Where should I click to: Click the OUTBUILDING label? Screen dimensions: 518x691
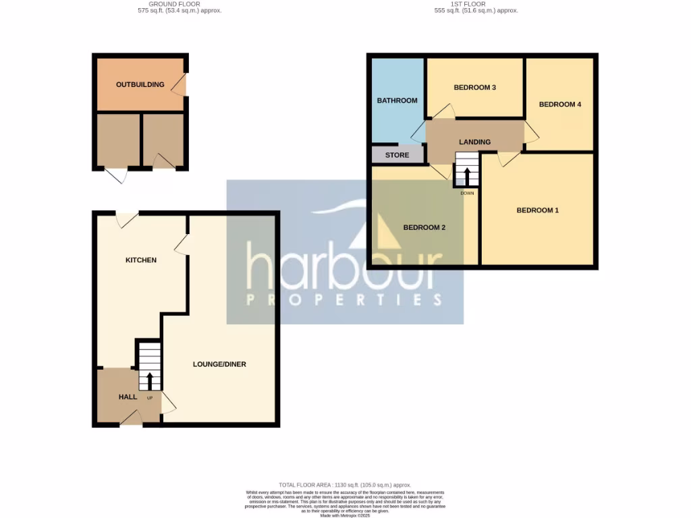[x=140, y=84]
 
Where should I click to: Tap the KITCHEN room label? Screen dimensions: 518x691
[x=141, y=260]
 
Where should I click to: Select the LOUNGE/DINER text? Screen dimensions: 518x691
[x=219, y=364]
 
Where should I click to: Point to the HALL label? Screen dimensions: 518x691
[x=128, y=397]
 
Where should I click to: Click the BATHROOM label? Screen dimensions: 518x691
[x=397, y=100]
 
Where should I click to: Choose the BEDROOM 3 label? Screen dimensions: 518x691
[x=474, y=88]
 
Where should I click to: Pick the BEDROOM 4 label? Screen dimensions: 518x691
[x=559, y=105]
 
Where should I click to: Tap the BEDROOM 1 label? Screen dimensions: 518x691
[x=537, y=210]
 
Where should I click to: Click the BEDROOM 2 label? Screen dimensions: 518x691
[x=424, y=227]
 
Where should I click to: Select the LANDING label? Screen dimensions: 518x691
[x=474, y=142]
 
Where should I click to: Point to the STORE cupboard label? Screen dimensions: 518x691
[x=397, y=155]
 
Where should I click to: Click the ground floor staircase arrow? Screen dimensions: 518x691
[x=149, y=380]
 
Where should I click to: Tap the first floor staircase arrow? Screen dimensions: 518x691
[x=467, y=175]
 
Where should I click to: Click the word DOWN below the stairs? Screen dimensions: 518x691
[x=467, y=193]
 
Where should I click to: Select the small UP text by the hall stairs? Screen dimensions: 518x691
[x=149, y=397]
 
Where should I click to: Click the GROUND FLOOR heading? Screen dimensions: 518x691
[x=174, y=4]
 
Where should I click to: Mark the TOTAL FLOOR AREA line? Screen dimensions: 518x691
[x=345, y=485]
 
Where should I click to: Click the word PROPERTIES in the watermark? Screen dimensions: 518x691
[x=345, y=299]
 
